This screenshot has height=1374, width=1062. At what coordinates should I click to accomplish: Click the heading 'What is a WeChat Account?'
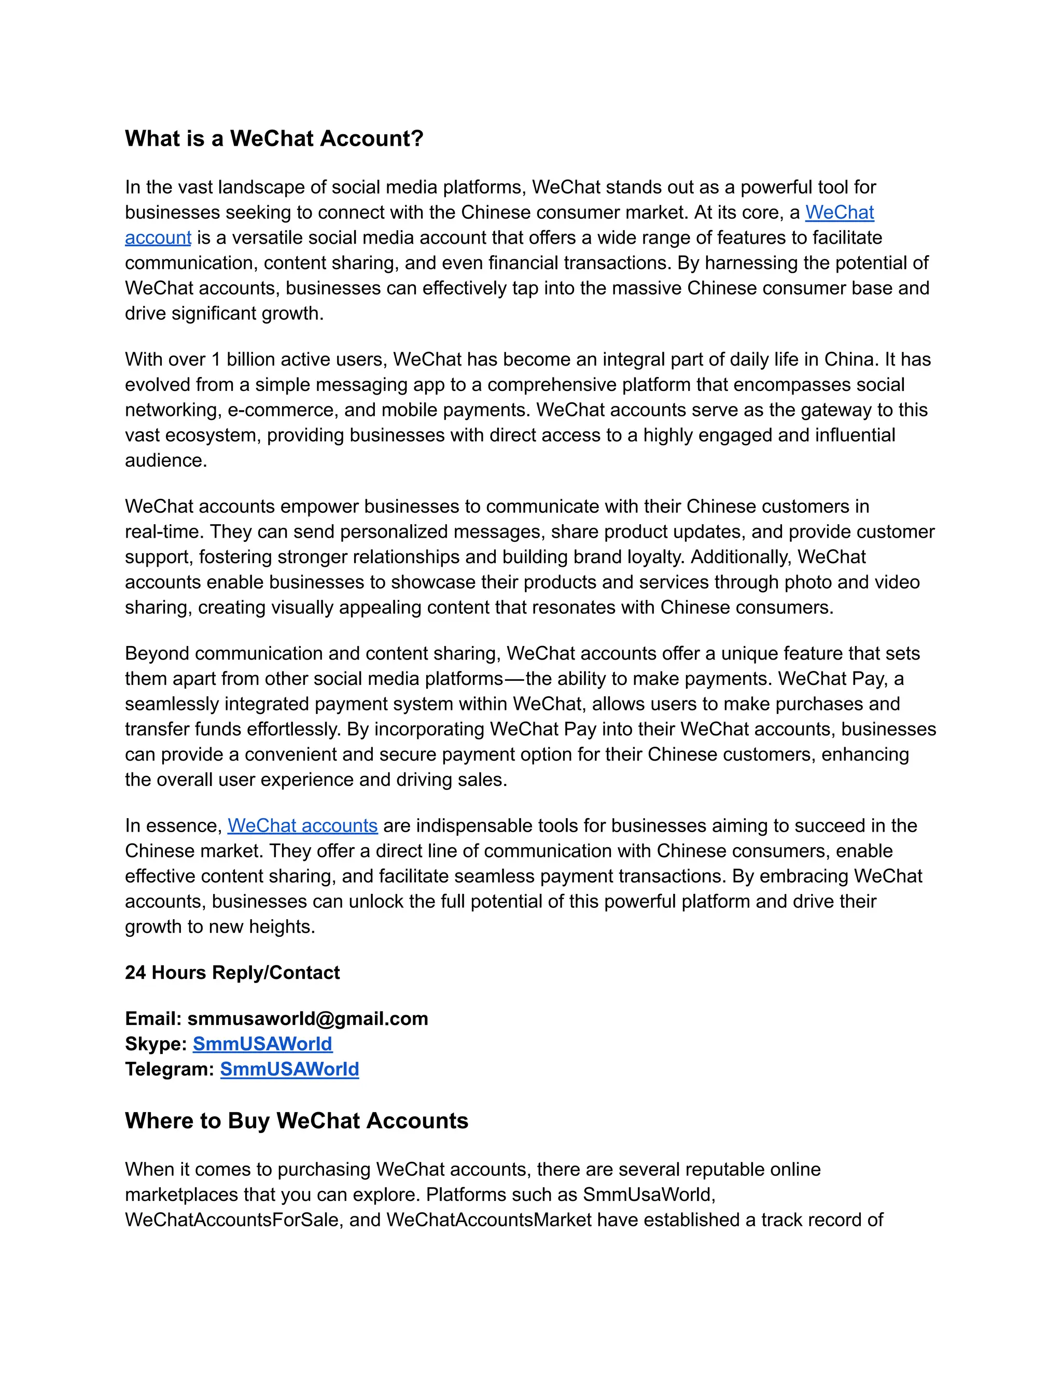[274, 138]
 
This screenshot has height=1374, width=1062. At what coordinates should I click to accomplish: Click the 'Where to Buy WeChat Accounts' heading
[296, 1120]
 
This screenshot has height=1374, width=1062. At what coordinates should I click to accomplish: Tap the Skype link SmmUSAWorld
[262, 1044]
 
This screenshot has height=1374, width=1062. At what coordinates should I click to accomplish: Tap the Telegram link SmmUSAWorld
[289, 1069]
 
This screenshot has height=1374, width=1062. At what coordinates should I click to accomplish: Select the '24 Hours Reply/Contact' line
[232, 973]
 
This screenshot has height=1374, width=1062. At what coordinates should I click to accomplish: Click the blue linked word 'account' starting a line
[158, 238]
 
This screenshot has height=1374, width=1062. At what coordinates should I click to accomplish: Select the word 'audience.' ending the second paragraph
[166, 460]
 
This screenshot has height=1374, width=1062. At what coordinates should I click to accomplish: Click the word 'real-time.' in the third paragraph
[164, 531]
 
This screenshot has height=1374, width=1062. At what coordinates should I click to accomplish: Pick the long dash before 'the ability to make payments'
[514, 679]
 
